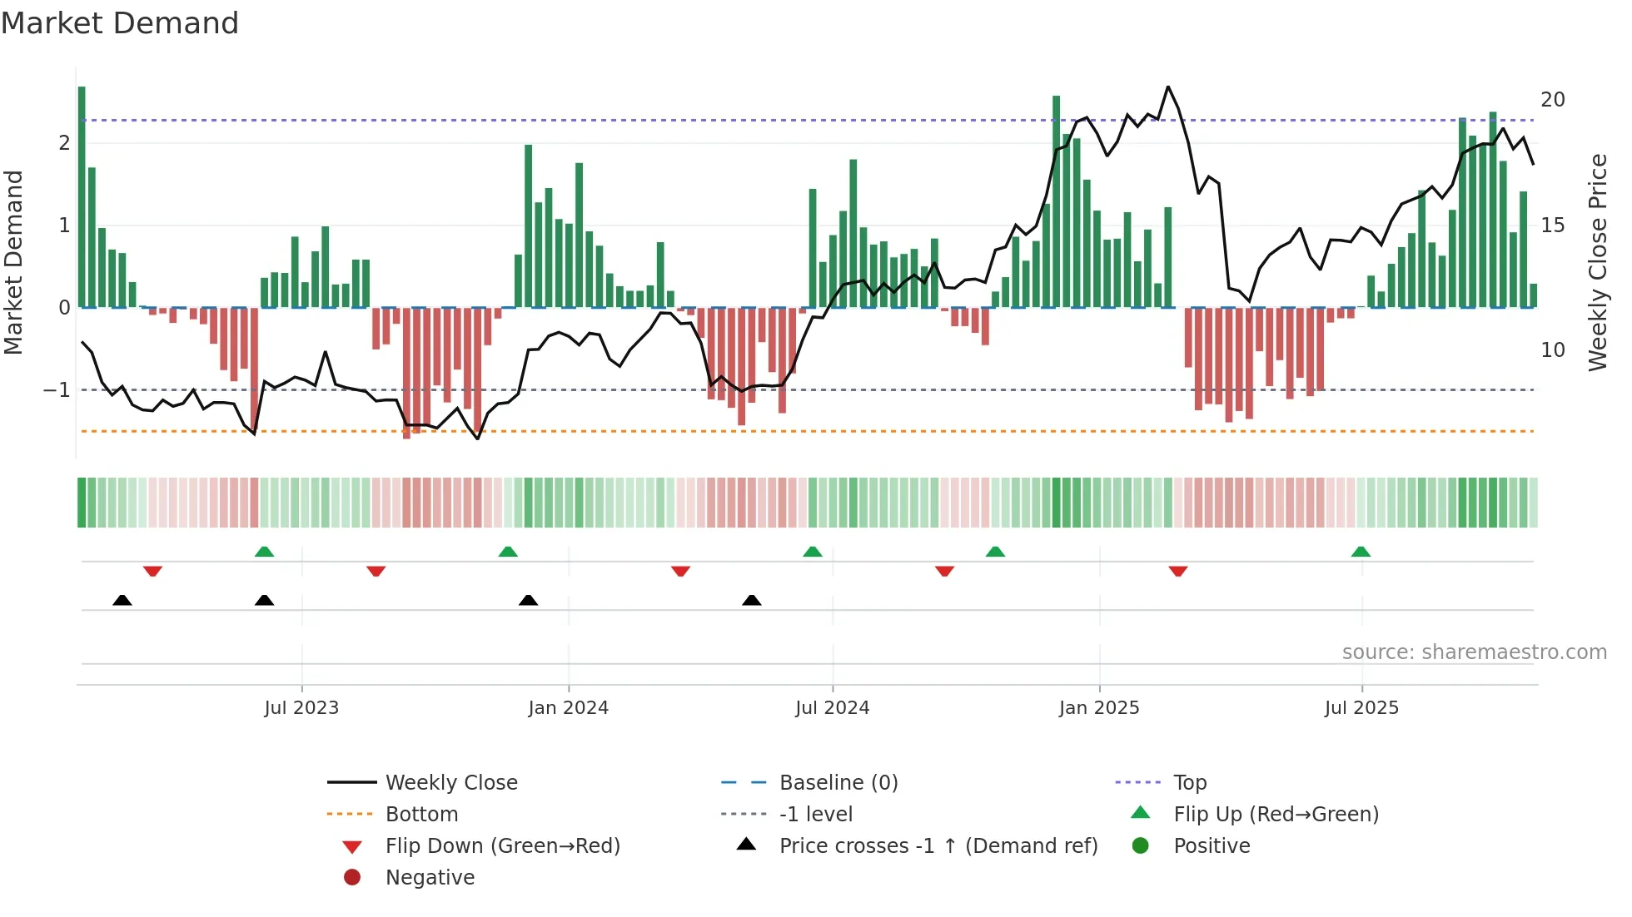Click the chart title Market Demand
pyautogui.click(x=120, y=23)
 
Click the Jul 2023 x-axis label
pyautogui.click(x=301, y=708)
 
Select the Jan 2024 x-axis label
pyautogui.click(x=568, y=708)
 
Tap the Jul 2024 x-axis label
pyautogui.click(x=832, y=708)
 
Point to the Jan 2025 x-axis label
pyautogui.click(x=1098, y=708)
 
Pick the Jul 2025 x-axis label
pyautogui.click(x=1361, y=708)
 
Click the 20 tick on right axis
pyautogui.click(x=1552, y=100)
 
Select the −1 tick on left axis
pyautogui.click(x=57, y=389)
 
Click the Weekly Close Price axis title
pyautogui.click(x=1597, y=262)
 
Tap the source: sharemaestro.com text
pyautogui.click(x=1474, y=652)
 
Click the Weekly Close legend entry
pyautogui.click(x=450, y=783)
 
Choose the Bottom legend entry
pyautogui.click(x=421, y=815)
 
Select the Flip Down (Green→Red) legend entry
pyautogui.click(x=502, y=846)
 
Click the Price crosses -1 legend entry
pyautogui.click(x=938, y=846)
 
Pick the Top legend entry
pyautogui.click(x=1189, y=783)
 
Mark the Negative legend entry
pyautogui.click(x=430, y=878)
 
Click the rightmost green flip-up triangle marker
pyautogui.click(x=1361, y=552)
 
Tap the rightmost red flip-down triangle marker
pyautogui.click(x=1177, y=571)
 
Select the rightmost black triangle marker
pyautogui.click(x=751, y=600)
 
